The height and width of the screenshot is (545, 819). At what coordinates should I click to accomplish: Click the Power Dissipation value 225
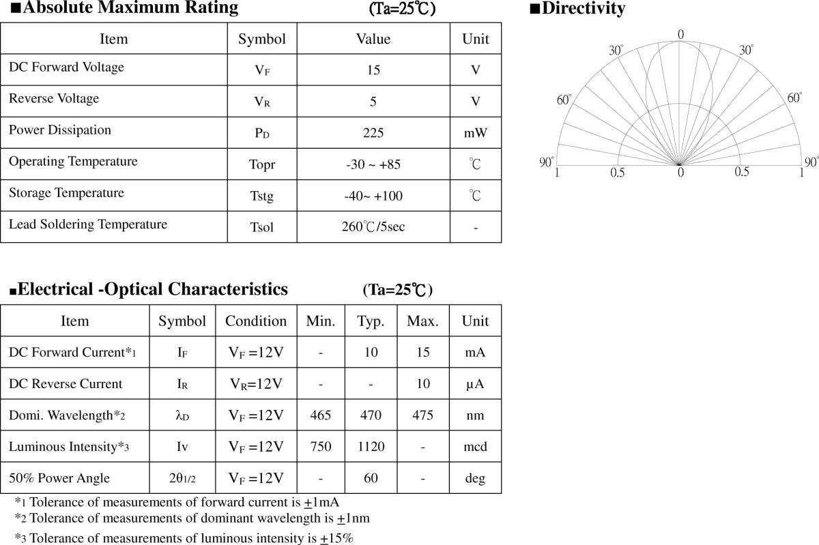tap(373, 133)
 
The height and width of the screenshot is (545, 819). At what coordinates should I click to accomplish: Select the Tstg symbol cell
tap(261, 196)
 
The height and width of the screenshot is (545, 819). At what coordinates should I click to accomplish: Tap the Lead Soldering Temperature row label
tap(88, 224)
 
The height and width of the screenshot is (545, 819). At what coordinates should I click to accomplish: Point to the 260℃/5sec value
tap(373, 227)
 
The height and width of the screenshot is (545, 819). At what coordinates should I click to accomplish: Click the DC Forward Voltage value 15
tap(373, 70)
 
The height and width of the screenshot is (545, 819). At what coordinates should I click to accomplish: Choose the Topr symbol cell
tap(262, 165)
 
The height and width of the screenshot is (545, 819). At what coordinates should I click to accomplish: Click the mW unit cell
tap(476, 133)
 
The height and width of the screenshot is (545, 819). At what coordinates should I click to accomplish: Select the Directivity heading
tap(577, 9)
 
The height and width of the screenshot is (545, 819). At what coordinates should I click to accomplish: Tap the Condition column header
tap(256, 321)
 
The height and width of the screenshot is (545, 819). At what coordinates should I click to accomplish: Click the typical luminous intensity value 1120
tap(371, 447)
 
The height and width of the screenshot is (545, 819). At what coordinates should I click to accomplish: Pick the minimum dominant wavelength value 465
tap(321, 415)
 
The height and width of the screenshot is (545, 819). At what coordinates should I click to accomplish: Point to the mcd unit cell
tap(476, 447)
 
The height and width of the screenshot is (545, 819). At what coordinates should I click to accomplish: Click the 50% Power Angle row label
tap(59, 478)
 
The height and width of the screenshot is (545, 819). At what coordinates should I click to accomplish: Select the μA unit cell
tap(476, 384)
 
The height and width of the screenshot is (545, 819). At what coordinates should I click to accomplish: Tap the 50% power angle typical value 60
tap(371, 478)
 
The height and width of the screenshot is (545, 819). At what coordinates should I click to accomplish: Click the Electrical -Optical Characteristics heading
tap(149, 289)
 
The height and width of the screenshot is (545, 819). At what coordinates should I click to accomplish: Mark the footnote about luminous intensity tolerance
tap(184, 537)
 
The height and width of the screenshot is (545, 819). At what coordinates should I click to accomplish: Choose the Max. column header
tap(422, 321)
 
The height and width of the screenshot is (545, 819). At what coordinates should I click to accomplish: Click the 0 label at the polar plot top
tap(680, 34)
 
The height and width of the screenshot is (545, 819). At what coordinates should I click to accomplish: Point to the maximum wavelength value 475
tap(422, 415)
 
